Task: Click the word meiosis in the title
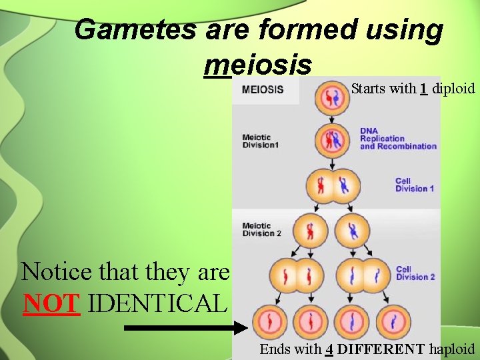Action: (259, 65)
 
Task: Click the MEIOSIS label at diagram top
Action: (262, 89)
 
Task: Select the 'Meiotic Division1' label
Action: (260, 141)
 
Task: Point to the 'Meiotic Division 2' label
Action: (261, 229)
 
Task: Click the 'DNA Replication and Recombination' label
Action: (398, 139)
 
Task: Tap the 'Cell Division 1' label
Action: (414, 185)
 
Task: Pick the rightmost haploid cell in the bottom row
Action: (393, 323)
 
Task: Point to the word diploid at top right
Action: (453, 88)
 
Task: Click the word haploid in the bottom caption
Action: (452, 349)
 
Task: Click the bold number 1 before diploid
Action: (423, 88)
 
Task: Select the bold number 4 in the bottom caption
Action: (329, 349)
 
